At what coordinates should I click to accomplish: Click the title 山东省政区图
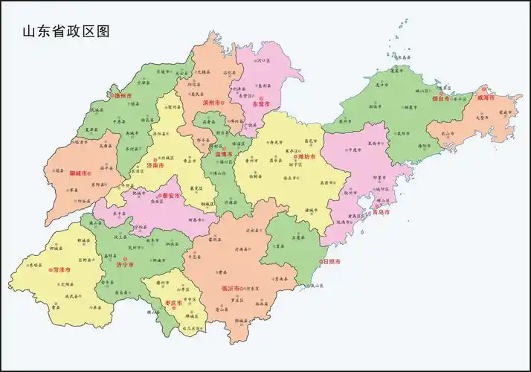coord(65,31)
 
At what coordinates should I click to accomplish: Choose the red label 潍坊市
coord(306,157)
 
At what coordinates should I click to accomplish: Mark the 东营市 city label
coord(261,104)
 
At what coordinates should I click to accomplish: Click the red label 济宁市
coord(123,264)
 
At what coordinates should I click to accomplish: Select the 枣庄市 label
coord(173,303)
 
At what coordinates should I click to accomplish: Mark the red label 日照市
coord(331,262)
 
